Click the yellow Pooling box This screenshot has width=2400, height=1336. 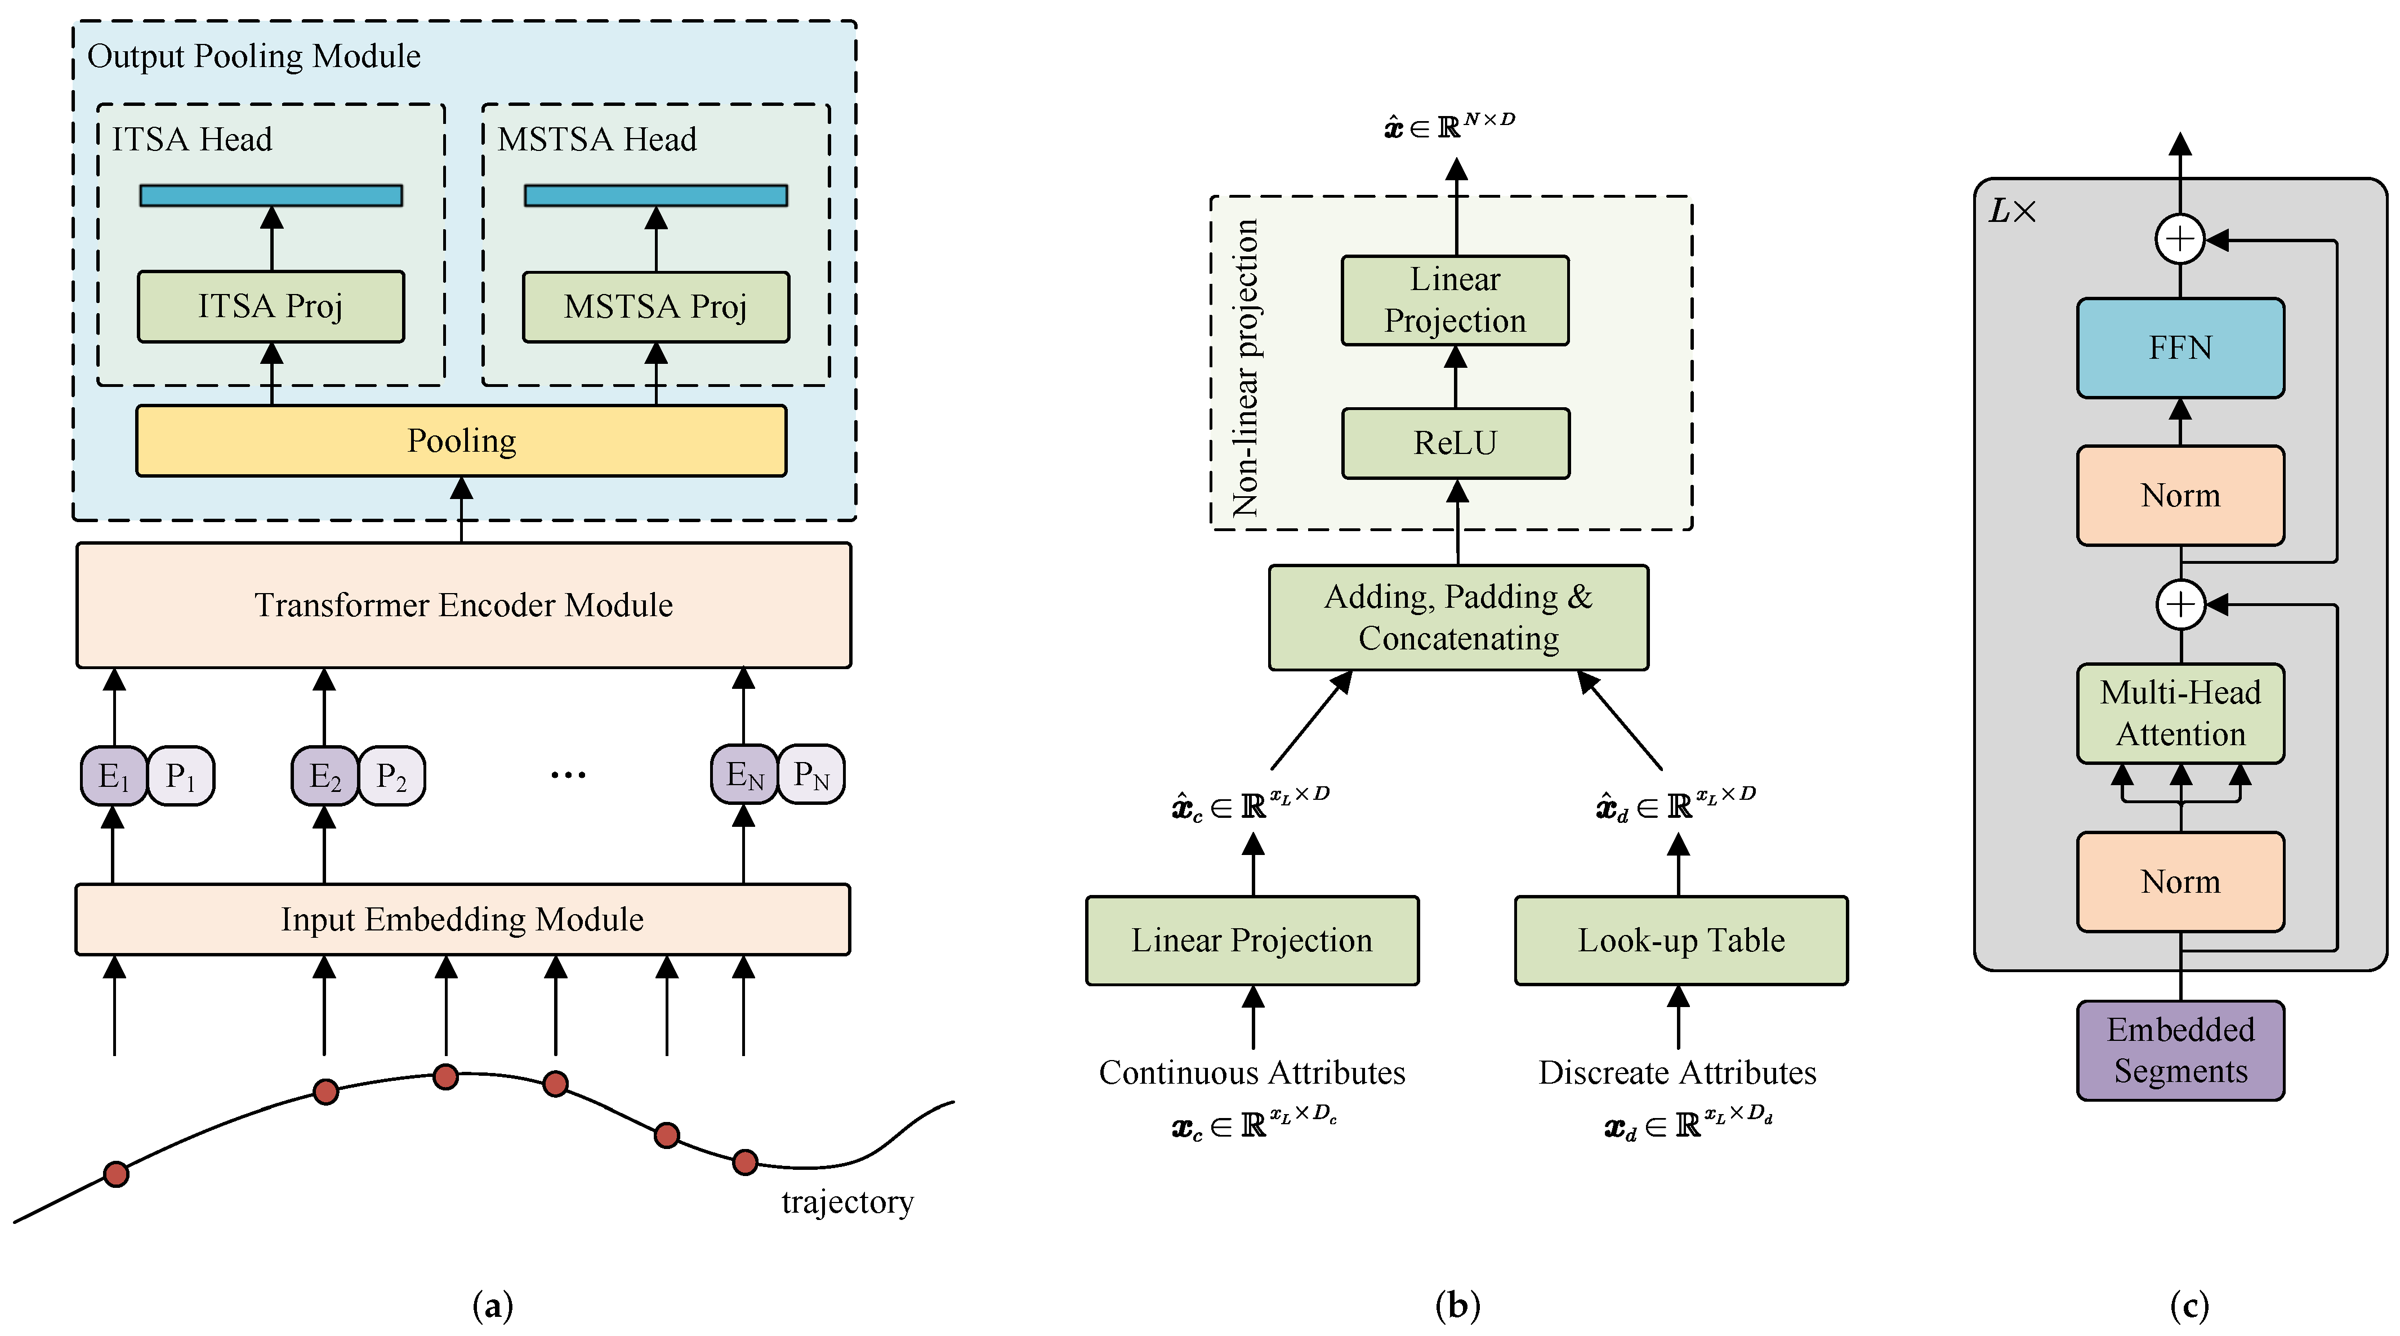point(461,440)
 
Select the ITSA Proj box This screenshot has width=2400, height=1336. point(270,306)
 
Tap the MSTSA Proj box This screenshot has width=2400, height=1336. point(656,306)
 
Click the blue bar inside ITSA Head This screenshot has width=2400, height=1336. point(270,195)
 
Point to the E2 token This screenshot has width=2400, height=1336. point(324,775)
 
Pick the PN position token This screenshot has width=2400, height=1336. point(810,774)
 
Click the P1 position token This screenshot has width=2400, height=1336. point(181,775)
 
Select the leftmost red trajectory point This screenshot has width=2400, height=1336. point(117,1174)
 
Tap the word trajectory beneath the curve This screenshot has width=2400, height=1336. point(847,1202)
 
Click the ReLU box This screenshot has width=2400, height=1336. point(1455,443)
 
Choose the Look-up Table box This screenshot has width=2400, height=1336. point(1681,940)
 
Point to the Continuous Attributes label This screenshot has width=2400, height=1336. point(1251,1072)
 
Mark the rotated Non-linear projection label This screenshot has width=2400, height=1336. point(1246,368)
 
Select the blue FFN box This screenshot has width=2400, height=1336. point(2180,348)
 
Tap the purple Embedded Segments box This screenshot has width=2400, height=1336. point(2180,1050)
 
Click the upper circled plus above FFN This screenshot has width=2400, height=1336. point(2180,239)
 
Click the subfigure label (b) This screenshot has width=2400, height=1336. point(1457,1305)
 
